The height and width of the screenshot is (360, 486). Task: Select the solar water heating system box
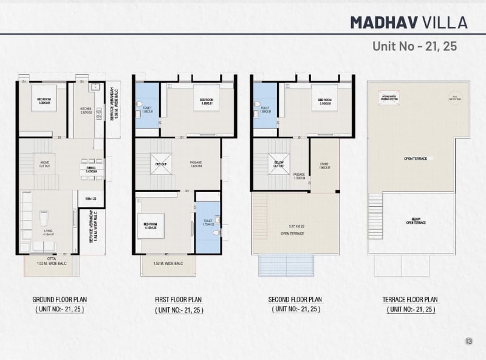388,97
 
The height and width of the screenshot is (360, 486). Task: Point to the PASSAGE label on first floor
196,164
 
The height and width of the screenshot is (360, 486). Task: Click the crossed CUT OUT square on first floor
161,164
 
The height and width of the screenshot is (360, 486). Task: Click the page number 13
468,341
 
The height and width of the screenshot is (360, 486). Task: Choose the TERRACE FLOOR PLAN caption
410,300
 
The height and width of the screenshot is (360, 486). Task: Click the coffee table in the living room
44,217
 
